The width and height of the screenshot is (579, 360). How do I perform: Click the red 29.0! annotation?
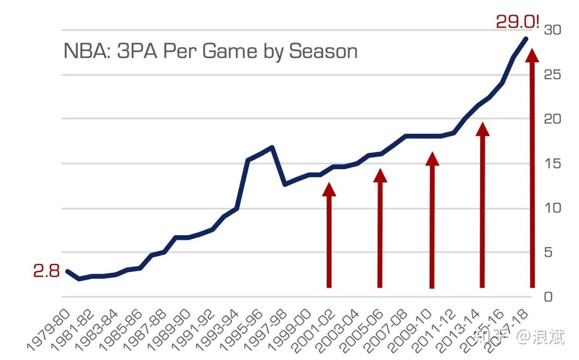pos(517,22)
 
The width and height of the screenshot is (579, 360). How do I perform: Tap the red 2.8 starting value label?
pos(46,271)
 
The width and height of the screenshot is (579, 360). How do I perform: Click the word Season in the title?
pos(323,51)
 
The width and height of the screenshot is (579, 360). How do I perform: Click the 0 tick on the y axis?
pos(549,297)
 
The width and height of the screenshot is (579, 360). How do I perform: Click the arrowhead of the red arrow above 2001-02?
pos(329,189)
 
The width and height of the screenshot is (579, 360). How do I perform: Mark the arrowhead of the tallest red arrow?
pos(532,55)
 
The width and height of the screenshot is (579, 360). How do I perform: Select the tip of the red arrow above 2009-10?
pos(432,158)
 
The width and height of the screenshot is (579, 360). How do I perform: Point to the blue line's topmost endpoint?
pos(526,38)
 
